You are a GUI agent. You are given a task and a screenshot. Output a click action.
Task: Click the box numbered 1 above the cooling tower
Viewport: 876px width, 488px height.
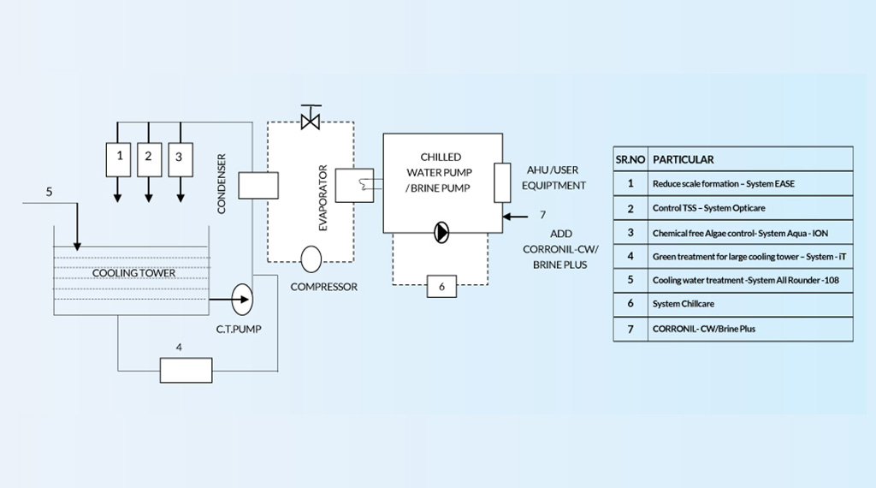click(x=120, y=157)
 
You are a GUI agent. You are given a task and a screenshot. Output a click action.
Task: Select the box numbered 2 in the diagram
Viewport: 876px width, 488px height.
click(x=149, y=157)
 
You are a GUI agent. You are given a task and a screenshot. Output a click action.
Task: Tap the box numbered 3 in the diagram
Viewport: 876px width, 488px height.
click(x=179, y=157)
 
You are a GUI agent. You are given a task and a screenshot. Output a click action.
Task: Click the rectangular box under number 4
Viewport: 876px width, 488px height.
click(x=186, y=370)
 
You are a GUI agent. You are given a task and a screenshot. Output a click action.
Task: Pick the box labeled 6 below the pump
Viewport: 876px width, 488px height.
click(x=441, y=287)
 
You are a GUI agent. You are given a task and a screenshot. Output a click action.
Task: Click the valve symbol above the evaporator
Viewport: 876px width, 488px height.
click(x=310, y=118)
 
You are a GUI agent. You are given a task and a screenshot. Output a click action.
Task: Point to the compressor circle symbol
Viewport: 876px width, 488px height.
click(x=311, y=258)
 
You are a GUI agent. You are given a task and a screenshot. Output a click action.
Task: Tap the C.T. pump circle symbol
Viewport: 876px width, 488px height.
click(x=242, y=299)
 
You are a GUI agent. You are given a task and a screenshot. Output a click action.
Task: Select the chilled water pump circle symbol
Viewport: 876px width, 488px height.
click(x=441, y=231)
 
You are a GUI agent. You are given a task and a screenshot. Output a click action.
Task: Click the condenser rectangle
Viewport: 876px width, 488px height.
click(x=259, y=185)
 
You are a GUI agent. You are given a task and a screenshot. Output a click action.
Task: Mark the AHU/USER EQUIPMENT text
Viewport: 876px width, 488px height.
click(x=554, y=178)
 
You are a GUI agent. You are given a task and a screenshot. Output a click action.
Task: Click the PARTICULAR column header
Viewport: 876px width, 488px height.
click(x=684, y=159)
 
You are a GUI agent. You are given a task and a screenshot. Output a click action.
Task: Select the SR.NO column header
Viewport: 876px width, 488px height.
click(x=630, y=159)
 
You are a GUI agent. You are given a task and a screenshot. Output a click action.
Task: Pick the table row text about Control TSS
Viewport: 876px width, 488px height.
click(x=709, y=208)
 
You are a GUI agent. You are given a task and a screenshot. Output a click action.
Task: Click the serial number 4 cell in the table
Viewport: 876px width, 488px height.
click(x=630, y=256)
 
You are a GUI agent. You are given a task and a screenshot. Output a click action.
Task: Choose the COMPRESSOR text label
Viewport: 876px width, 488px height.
click(x=324, y=287)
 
